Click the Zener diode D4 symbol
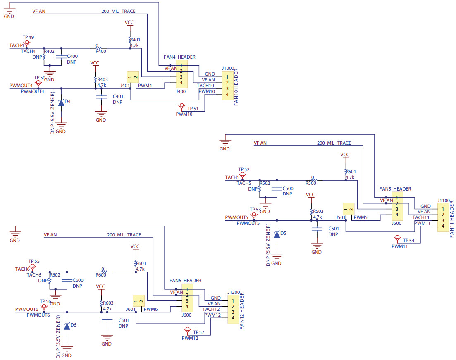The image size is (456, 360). pos(61,102)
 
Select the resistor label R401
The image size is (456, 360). pos(136,40)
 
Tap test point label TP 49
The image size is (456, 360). pos(29,37)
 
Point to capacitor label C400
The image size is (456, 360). pos(72,56)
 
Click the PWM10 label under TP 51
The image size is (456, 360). pos(184,114)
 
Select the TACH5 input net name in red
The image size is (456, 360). pos(232,177)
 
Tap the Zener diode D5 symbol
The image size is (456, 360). pos(277,234)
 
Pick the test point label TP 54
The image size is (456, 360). pos(408,241)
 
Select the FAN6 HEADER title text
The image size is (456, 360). pos(185,281)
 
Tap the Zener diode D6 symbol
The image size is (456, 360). pos(67,326)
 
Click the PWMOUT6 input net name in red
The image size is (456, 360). pos(27,309)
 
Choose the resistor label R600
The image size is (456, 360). pos(101,275)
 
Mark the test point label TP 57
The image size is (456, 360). pos(198,332)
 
